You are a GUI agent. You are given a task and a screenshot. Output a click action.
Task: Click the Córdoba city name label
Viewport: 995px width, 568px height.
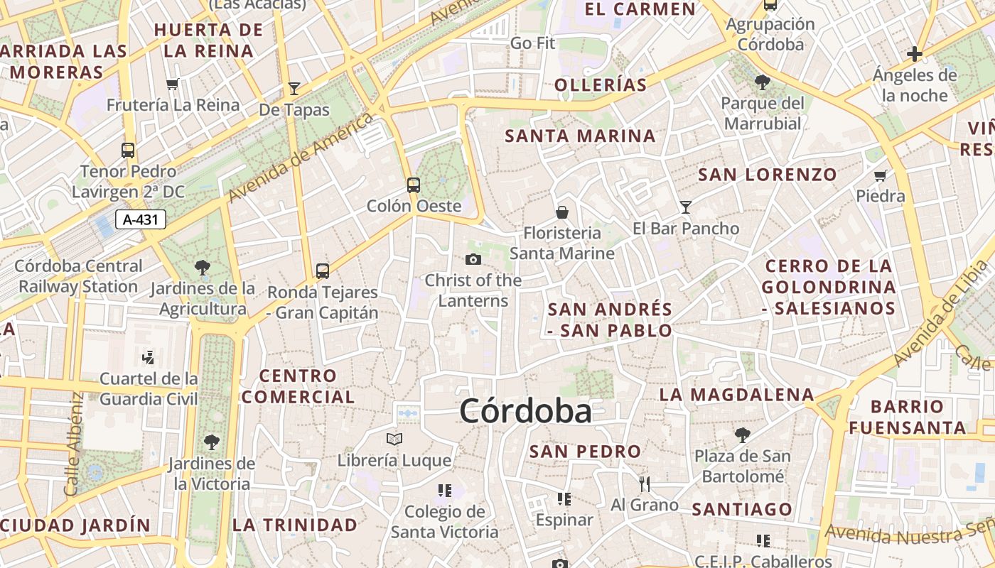pyautogui.click(x=525, y=411)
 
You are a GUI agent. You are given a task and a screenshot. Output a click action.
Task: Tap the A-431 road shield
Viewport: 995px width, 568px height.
pyautogui.click(x=140, y=219)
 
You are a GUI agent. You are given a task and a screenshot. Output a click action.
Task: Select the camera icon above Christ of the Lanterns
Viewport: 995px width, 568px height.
pyautogui.click(x=473, y=260)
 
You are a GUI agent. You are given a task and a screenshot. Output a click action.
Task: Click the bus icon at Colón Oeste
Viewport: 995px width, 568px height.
pyautogui.click(x=414, y=185)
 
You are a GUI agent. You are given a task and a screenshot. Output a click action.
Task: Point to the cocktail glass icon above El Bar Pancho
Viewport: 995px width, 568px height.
pyautogui.click(x=686, y=207)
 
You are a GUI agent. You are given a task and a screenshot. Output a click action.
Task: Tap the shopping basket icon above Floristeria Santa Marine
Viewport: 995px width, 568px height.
pyautogui.click(x=562, y=212)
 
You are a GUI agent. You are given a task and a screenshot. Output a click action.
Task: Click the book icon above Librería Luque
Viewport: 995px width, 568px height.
pyautogui.click(x=394, y=439)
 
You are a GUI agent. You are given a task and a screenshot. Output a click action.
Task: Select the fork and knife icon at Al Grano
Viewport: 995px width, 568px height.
pyautogui.click(x=645, y=484)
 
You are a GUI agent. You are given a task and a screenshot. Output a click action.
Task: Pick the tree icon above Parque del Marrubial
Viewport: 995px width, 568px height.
pyautogui.click(x=763, y=82)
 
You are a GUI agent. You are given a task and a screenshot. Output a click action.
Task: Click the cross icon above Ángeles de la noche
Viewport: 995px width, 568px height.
pyautogui.click(x=915, y=54)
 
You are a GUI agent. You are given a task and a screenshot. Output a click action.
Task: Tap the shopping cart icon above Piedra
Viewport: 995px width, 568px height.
pyautogui.click(x=881, y=175)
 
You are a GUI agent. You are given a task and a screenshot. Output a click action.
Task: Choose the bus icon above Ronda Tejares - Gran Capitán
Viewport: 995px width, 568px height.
pyautogui.click(x=323, y=271)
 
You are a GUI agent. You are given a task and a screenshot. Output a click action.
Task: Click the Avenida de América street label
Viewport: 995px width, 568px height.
pyautogui.click(x=301, y=157)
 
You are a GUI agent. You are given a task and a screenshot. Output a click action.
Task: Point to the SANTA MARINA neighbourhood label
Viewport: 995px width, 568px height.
pyautogui.click(x=580, y=136)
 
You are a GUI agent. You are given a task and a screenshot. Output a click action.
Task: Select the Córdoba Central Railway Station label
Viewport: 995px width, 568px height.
pyautogui.click(x=78, y=276)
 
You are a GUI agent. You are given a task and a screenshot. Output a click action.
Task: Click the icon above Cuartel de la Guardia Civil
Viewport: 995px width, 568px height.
pyautogui.click(x=149, y=357)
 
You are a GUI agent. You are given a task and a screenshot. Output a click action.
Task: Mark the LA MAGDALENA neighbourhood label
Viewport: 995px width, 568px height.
pyautogui.click(x=736, y=394)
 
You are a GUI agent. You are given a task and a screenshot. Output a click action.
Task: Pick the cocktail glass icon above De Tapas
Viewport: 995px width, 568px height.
pyautogui.click(x=294, y=89)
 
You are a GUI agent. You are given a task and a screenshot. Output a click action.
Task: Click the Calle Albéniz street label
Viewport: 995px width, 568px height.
pyautogui.click(x=73, y=444)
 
